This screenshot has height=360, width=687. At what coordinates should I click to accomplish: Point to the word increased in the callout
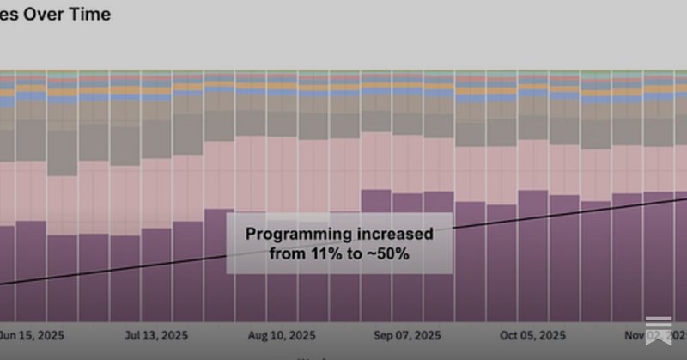coord(395,234)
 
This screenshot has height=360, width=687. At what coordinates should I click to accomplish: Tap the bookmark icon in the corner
coord(660,328)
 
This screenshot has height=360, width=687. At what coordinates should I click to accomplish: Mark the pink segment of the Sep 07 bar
coord(408,163)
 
